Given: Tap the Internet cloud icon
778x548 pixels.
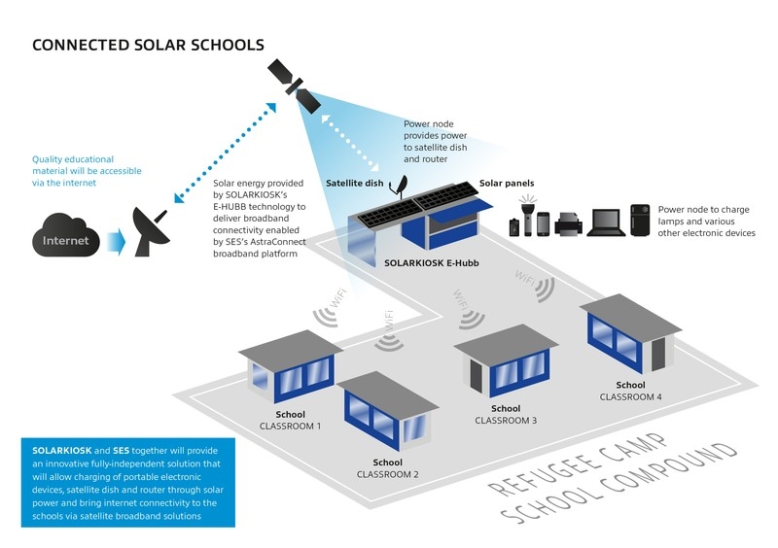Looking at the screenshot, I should pos(64,239).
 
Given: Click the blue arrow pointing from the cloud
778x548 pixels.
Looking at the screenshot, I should pos(113,239).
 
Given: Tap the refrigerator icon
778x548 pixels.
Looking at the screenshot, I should pos(640,221).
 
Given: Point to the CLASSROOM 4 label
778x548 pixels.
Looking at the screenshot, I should pos(631,396).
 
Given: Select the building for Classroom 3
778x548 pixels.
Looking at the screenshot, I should pos(506,364).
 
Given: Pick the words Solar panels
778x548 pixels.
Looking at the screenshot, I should pos(507,184).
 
